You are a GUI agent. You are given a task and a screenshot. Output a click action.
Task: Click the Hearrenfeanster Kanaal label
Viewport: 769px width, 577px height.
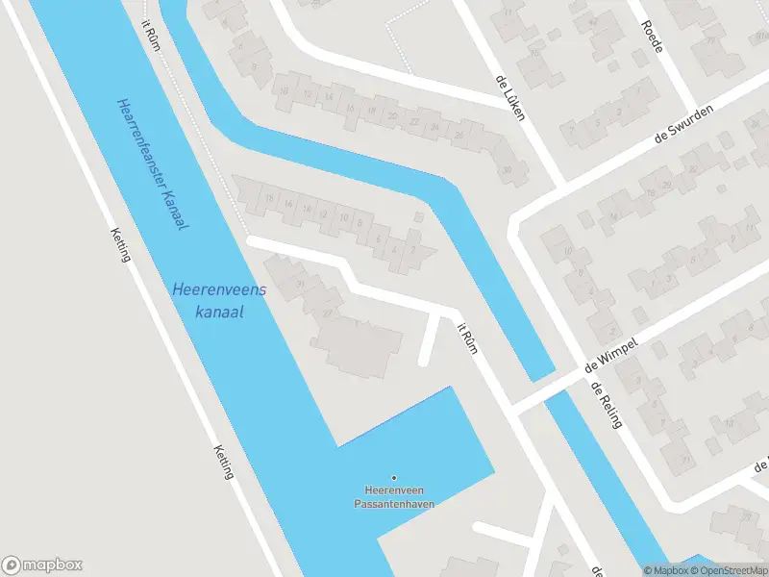point(152,163)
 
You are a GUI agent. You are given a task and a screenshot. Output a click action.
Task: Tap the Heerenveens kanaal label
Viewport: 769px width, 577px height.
point(219,300)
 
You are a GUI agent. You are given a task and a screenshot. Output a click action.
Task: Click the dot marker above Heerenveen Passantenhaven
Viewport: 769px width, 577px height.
point(393,478)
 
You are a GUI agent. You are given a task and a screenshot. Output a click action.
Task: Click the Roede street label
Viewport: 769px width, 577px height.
point(653,36)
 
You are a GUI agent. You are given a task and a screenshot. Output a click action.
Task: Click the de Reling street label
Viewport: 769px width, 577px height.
point(603,405)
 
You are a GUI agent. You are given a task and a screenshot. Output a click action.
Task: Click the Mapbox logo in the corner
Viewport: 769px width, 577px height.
point(41,565)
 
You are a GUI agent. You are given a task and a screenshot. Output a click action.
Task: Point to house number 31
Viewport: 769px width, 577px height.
point(300,282)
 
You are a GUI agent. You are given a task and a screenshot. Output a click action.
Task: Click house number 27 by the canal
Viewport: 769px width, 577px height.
point(327,312)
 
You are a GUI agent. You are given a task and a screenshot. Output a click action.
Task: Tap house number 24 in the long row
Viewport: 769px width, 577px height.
point(434,127)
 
